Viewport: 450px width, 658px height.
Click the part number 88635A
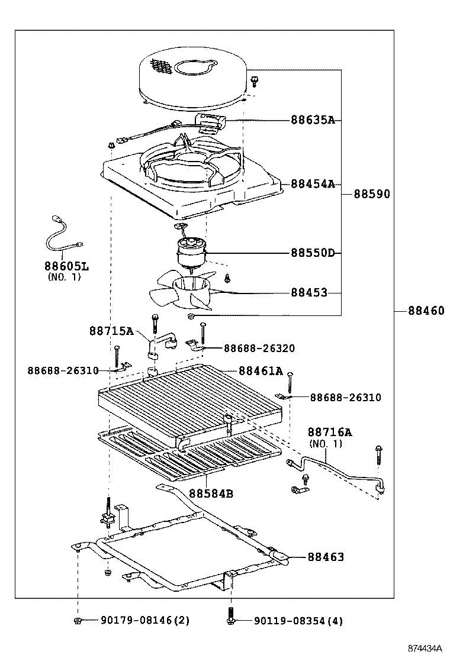(x=313, y=120)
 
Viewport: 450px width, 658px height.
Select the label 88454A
(x=313, y=184)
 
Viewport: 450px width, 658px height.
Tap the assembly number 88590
(x=372, y=194)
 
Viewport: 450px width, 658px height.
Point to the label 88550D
(x=313, y=253)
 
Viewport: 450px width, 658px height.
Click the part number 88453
(x=308, y=292)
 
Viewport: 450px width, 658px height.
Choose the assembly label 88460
(x=425, y=311)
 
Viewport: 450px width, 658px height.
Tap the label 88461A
(x=261, y=371)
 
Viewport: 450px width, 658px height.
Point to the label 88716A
(x=329, y=433)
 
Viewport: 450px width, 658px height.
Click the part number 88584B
(x=211, y=493)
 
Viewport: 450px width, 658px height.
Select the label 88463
(x=325, y=557)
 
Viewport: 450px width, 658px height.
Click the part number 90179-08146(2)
(x=144, y=620)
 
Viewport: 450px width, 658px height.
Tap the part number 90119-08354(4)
(x=298, y=621)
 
